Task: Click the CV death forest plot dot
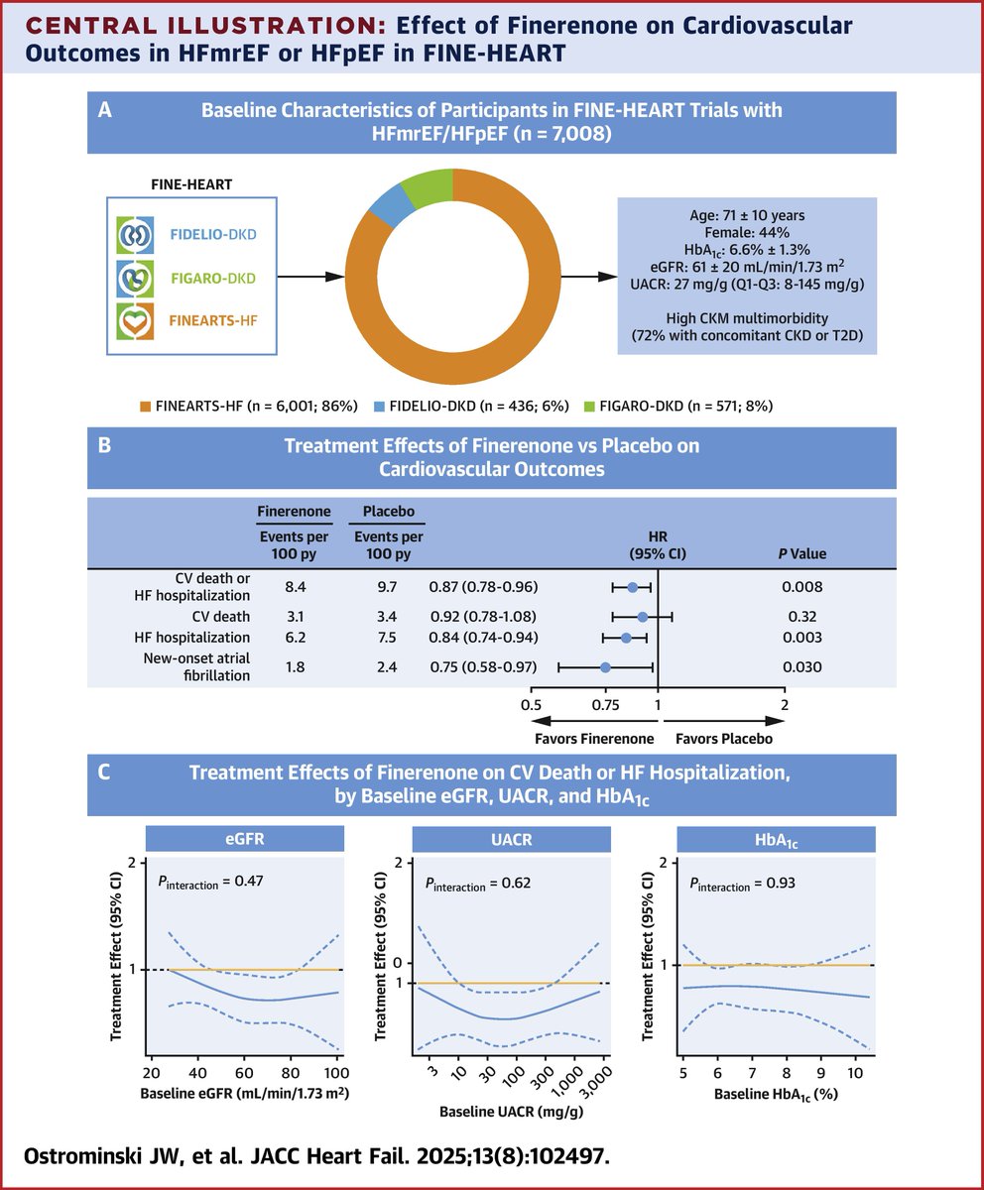point(642,617)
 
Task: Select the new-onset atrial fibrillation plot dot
point(605,666)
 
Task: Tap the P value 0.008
point(801,586)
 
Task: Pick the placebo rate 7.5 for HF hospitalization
point(387,638)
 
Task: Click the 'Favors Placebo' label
point(723,739)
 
